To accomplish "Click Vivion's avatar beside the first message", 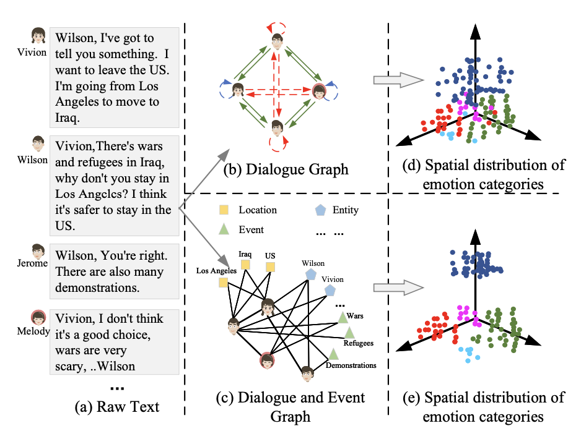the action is click(x=38, y=36).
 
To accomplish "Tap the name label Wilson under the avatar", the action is click(x=32, y=160).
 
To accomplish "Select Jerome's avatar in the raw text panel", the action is click(x=38, y=251).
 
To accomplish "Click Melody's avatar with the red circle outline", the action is click(x=38, y=318).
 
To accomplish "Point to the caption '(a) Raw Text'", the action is click(x=116, y=407).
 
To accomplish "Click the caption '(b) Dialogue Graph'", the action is click(x=286, y=169).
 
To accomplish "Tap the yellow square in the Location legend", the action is click(x=224, y=210).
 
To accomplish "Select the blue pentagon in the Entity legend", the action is click(x=320, y=210).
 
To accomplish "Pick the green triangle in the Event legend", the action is click(x=224, y=229).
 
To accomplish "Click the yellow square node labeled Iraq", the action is click(x=245, y=265).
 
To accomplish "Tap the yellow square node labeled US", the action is click(x=271, y=267).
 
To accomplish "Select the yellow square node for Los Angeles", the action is click(x=223, y=283).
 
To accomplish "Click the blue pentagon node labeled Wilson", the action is click(x=311, y=275).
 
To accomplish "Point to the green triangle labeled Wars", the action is click(x=343, y=318).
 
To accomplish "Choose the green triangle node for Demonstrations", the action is click(x=333, y=354).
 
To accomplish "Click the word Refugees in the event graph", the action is click(x=358, y=343).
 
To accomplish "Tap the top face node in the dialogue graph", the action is click(x=277, y=41).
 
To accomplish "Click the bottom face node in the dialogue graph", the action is click(x=277, y=128).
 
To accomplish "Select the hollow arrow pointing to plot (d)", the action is click(x=398, y=80).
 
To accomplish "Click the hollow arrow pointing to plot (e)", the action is click(x=398, y=288).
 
